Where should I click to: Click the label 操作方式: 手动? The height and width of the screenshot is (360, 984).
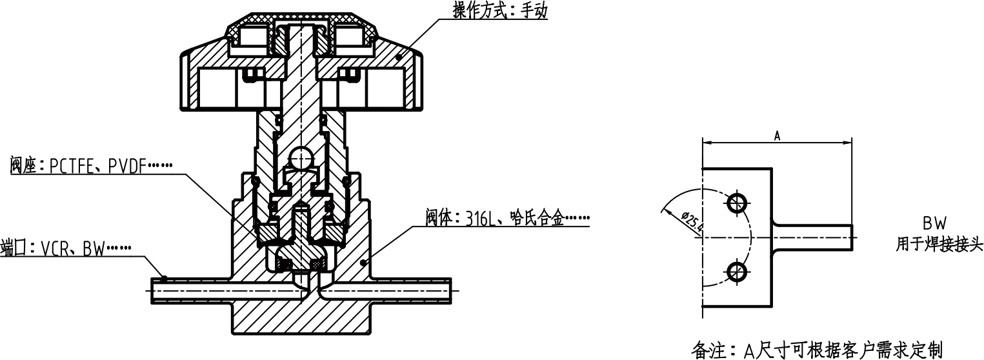(x=499, y=11)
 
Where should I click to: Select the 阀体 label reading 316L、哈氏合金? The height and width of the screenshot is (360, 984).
(x=507, y=218)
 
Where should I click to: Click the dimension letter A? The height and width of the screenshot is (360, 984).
(x=778, y=135)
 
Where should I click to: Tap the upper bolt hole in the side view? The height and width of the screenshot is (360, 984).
(x=736, y=204)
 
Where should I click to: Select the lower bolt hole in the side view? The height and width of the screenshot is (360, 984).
(x=736, y=272)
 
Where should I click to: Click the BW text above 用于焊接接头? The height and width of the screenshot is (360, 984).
(x=934, y=224)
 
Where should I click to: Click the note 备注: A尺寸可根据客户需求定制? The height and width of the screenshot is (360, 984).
(x=817, y=350)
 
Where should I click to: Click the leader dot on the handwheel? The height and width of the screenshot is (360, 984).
(x=399, y=57)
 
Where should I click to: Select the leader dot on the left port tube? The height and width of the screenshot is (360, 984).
(x=165, y=279)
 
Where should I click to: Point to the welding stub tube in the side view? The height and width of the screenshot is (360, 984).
(x=813, y=238)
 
